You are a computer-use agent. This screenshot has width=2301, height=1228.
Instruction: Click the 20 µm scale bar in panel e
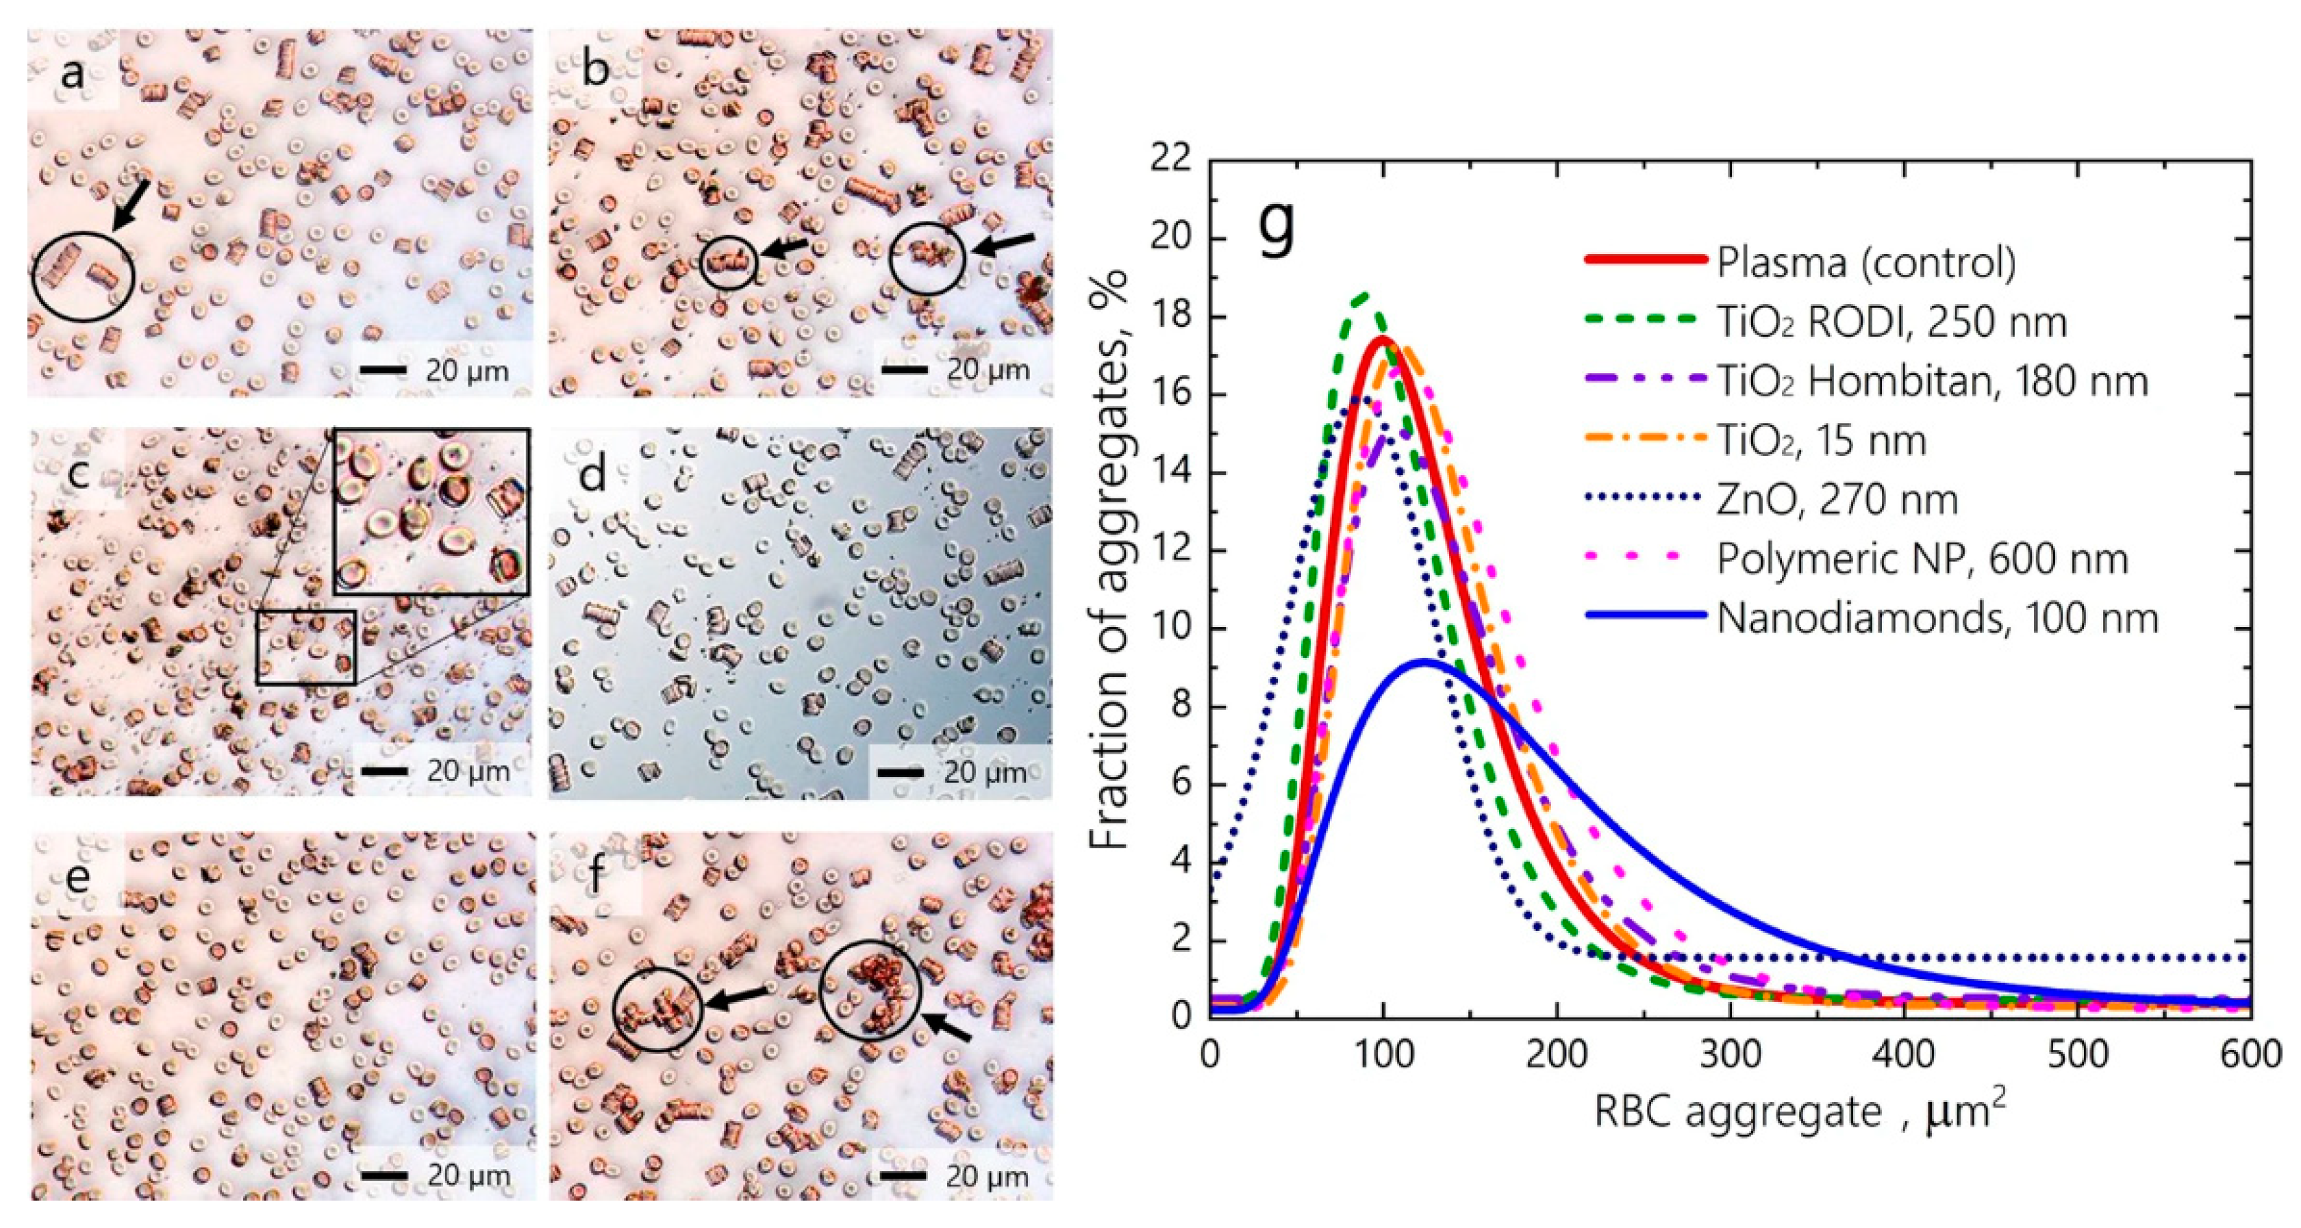(x=385, y=1175)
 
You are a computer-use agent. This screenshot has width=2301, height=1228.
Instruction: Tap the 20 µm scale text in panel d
(x=984, y=771)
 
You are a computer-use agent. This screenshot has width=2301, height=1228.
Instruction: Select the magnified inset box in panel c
(x=431, y=512)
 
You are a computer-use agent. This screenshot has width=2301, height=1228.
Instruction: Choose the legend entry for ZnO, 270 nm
(x=1837, y=499)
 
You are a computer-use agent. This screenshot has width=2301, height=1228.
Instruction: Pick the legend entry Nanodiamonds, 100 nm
(x=1937, y=618)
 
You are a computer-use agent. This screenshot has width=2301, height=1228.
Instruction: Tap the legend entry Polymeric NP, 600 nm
(x=1922, y=559)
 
